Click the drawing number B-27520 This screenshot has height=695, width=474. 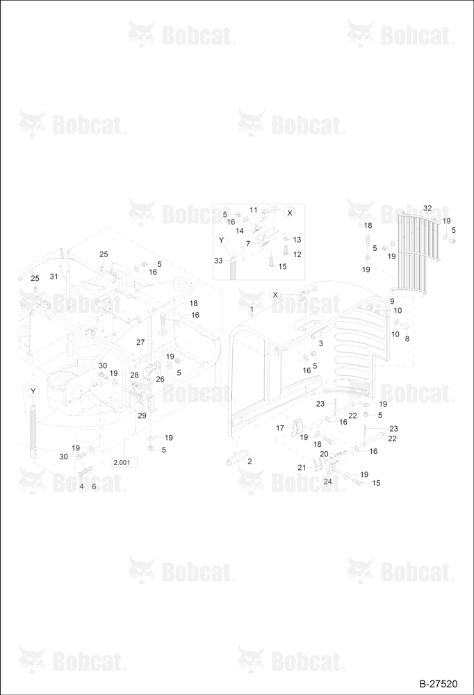[x=439, y=684]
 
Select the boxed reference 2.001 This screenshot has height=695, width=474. [x=124, y=463]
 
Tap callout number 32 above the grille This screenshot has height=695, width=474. [x=427, y=208]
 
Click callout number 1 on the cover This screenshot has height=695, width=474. [x=252, y=308]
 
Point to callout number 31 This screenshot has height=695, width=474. [x=54, y=277]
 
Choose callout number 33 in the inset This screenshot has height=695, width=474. [x=218, y=261]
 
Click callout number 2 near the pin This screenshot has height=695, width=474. [x=250, y=461]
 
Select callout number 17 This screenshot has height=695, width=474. [x=280, y=428]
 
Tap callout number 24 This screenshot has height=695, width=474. [x=327, y=482]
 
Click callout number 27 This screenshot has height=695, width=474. [x=140, y=342]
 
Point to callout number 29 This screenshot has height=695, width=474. [x=142, y=416]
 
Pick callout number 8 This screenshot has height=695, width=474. [x=407, y=339]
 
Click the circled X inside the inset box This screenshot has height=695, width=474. [x=290, y=213]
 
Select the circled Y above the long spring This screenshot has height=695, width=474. [x=33, y=391]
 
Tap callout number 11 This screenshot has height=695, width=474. [x=253, y=210]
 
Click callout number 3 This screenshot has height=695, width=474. [x=321, y=343]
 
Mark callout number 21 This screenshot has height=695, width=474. [x=302, y=467]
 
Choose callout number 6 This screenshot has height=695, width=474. [x=94, y=486]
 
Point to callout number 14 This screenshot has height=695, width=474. [x=240, y=231]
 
